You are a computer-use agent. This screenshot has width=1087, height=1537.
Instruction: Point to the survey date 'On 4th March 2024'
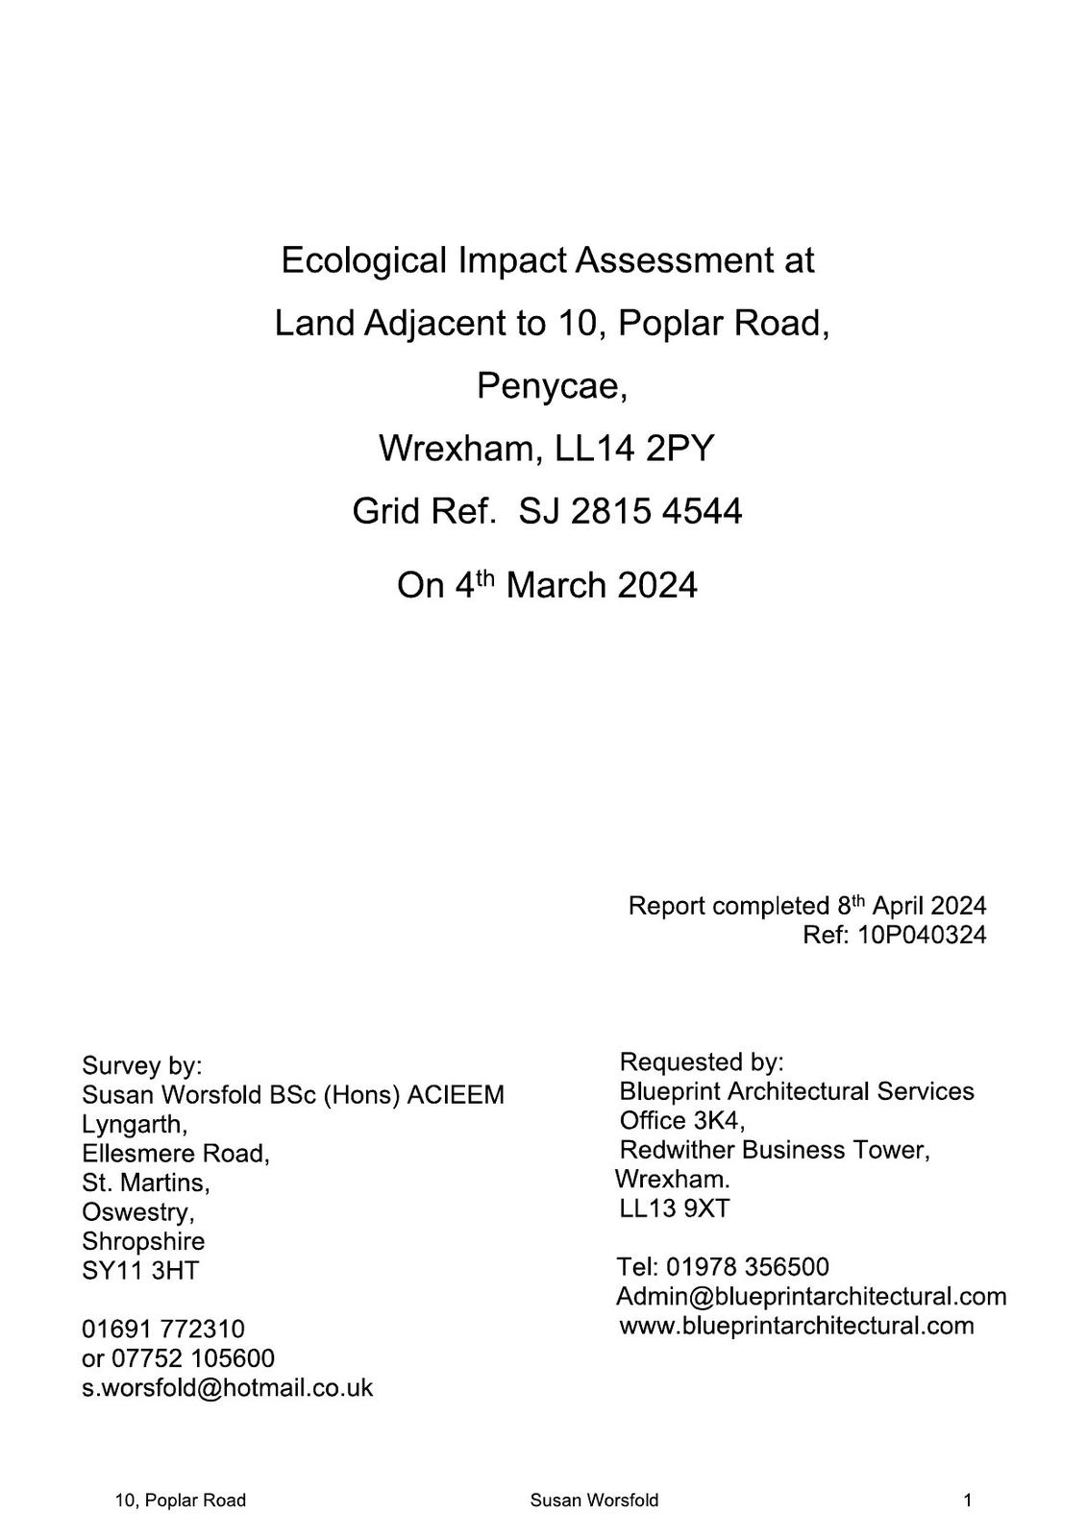[547, 585]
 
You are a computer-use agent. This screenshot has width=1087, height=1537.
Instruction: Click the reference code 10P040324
[922, 935]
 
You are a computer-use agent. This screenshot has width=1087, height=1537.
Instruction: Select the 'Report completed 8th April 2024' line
[806, 906]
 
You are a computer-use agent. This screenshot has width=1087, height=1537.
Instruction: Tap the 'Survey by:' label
[142, 1065]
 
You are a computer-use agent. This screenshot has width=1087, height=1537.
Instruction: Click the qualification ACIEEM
[456, 1095]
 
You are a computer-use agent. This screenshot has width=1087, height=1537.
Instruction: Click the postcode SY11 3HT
[140, 1270]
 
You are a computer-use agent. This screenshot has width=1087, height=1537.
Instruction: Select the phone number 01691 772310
[163, 1330]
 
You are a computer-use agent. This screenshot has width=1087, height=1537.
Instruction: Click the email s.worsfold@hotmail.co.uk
[228, 1388]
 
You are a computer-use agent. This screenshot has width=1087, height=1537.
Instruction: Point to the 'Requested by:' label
[702, 1061]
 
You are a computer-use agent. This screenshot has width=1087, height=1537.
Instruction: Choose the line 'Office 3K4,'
[682, 1120]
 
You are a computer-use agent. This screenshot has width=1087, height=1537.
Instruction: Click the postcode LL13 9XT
[675, 1208]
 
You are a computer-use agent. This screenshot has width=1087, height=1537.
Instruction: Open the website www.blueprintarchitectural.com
[797, 1326]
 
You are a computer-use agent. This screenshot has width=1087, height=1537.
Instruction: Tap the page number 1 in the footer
[968, 1500]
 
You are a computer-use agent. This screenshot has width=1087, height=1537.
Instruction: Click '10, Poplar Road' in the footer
[181, 1500]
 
